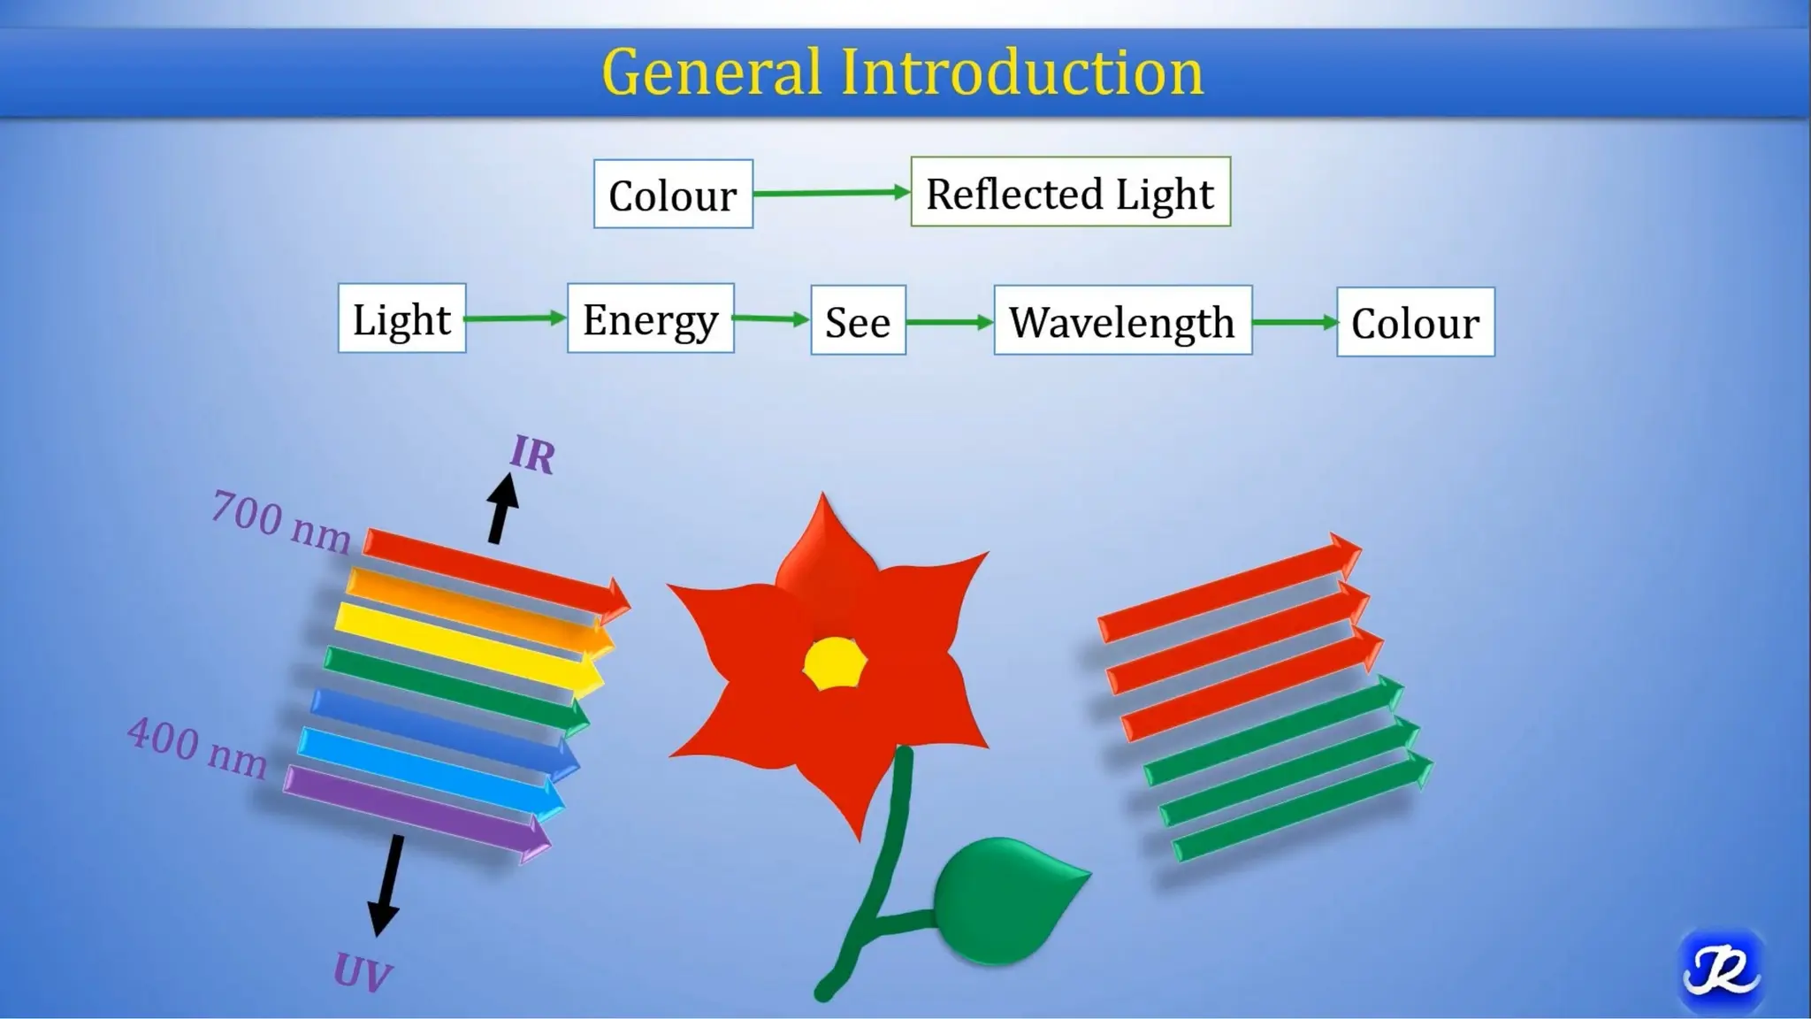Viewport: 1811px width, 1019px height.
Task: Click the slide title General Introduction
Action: [902, 72]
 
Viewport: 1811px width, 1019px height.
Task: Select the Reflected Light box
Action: [1070, 193]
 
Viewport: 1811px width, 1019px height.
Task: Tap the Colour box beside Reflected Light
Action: [673, 195]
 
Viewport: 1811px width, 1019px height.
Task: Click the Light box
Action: [401, 319]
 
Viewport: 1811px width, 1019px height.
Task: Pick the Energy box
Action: [650, 319]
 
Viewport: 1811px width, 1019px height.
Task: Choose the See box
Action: [858, 321]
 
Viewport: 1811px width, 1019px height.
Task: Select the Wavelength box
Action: [1122, 321]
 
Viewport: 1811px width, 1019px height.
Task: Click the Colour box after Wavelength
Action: [1415, 323]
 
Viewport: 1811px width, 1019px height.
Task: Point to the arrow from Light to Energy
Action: [516, 318]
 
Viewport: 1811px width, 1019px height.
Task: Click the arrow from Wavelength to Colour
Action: [1295, 323]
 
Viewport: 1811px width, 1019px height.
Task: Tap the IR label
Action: [532, 456]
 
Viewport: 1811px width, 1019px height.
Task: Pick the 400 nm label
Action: [197, 748]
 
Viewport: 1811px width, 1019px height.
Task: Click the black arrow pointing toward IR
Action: [502, 509]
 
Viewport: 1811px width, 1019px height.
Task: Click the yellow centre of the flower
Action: [835, 663]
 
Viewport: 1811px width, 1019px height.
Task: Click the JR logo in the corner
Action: [1720, 971]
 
